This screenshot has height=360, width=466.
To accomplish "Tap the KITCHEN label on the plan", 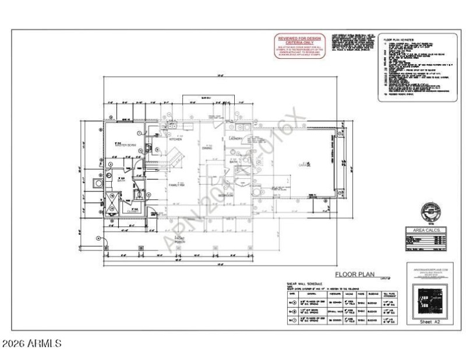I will pyautogui.click(x=176, y=140).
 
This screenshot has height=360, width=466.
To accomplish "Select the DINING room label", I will pyautogui.click(x=206, y=147).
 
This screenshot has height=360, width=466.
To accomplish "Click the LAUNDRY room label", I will pyautogui.click(x=235, y=139).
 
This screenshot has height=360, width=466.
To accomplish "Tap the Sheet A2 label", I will pyautogui.click(x=429, y=321).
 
